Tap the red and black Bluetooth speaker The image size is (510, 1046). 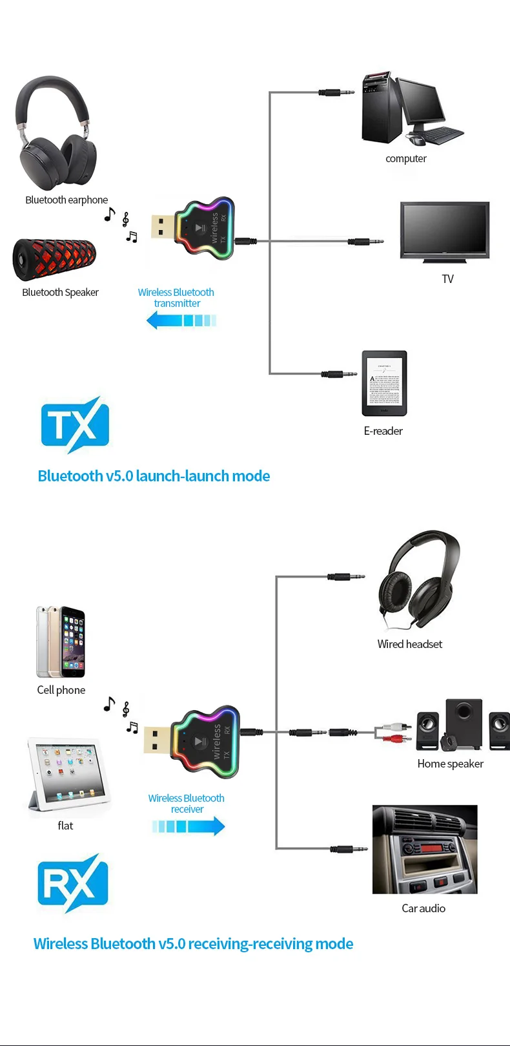coord(55,260)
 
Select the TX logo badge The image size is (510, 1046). coord(75,424)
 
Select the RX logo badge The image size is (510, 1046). coord(73,883)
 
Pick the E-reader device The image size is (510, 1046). coord(384,383)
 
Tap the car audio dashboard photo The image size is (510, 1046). coord(425,849)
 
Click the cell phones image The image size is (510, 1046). coord(61,641)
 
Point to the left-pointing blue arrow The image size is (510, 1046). coord(181,320)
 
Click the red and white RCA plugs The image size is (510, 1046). coord(395,732)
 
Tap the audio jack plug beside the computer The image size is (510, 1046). coord(337,92)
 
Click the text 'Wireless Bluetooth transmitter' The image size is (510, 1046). coord(176,298)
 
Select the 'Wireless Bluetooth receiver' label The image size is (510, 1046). coord(187,804)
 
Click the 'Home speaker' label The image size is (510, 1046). coord(450,764)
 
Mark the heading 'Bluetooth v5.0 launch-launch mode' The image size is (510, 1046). coord(154,476)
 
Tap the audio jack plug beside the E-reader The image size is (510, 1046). coord(340,373)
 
